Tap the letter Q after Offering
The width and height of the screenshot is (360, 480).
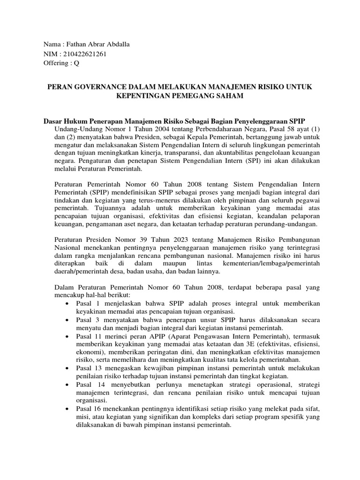[76, 63]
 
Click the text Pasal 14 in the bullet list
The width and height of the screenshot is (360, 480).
[86, 384]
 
